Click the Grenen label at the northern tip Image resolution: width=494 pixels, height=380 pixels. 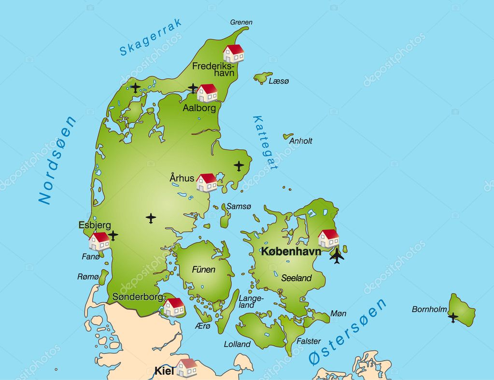click(241, 22)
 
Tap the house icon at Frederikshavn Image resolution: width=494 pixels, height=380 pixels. click(234, 54)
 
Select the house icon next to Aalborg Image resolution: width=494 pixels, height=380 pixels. click(207, 93)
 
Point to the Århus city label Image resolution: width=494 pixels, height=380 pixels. click(182, 178)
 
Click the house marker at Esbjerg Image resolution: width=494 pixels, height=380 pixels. click(99, 241)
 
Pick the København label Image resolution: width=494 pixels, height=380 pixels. click(291, 251)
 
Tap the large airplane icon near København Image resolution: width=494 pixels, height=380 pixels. click(337, 255)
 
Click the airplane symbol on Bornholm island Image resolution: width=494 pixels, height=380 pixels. click(453, 317)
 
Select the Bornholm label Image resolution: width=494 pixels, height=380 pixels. click(429, 309)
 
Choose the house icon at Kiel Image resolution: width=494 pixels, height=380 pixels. click(186, 368)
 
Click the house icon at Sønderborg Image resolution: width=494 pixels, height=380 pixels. click(174, 307)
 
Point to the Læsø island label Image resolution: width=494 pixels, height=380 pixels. click(279, 82)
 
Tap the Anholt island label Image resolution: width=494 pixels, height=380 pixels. click(300, 141)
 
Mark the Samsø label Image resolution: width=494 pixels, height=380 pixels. click(239, 206)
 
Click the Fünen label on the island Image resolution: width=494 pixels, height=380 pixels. click(203, 269)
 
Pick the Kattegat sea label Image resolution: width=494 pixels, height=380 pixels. click(266, 142)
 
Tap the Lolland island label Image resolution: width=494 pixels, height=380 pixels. click(237, 344)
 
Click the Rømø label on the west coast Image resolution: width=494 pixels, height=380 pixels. click(88, 277)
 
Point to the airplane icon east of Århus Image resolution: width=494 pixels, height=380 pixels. click(239, 166)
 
